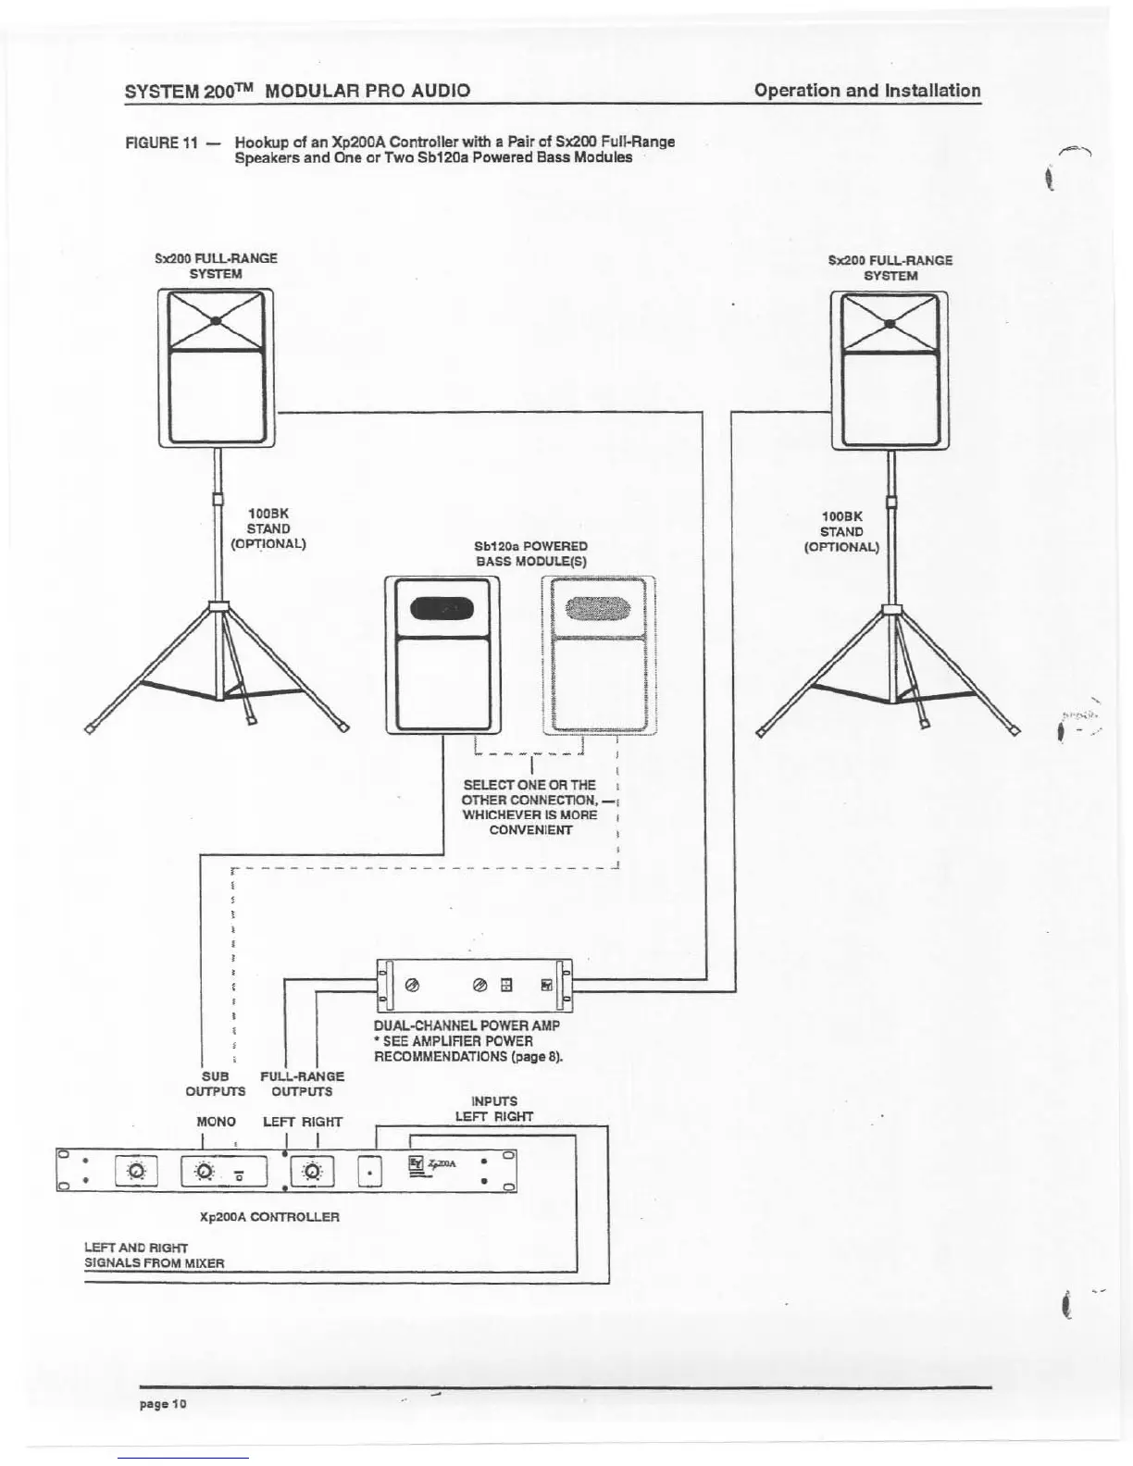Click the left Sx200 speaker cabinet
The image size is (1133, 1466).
click(x=216, y=368)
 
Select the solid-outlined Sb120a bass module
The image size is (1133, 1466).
click(x=442, y=655)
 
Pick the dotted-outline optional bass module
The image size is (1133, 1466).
click(x=599, y=655)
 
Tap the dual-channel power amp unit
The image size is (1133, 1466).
click(x=475, y=986)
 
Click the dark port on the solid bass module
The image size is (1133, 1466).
click(x=442, y=608)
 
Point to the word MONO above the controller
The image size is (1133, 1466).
click(x=217, y=1122)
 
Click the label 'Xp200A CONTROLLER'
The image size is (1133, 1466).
click(x=269, y=1216)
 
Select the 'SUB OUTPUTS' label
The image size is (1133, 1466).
click(x=216, y=1084)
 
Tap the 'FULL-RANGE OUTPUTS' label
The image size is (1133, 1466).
click(x=302, y=1084)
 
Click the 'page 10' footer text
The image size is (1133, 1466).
click(x=164, y=1404)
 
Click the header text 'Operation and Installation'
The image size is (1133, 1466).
click(x=867, y=91)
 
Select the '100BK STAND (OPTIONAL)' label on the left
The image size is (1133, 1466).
click(x=268, y=528)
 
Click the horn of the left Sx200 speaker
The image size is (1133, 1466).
click(x=216, y=321)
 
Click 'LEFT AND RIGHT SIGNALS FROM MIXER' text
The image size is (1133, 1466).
click(x=155, y=1255)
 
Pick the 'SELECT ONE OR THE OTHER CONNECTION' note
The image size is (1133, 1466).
click(x=530, y=807)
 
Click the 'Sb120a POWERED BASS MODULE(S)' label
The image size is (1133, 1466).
click(x=531, y=553)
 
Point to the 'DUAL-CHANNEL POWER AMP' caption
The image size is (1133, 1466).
click(x=467, y=1025)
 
